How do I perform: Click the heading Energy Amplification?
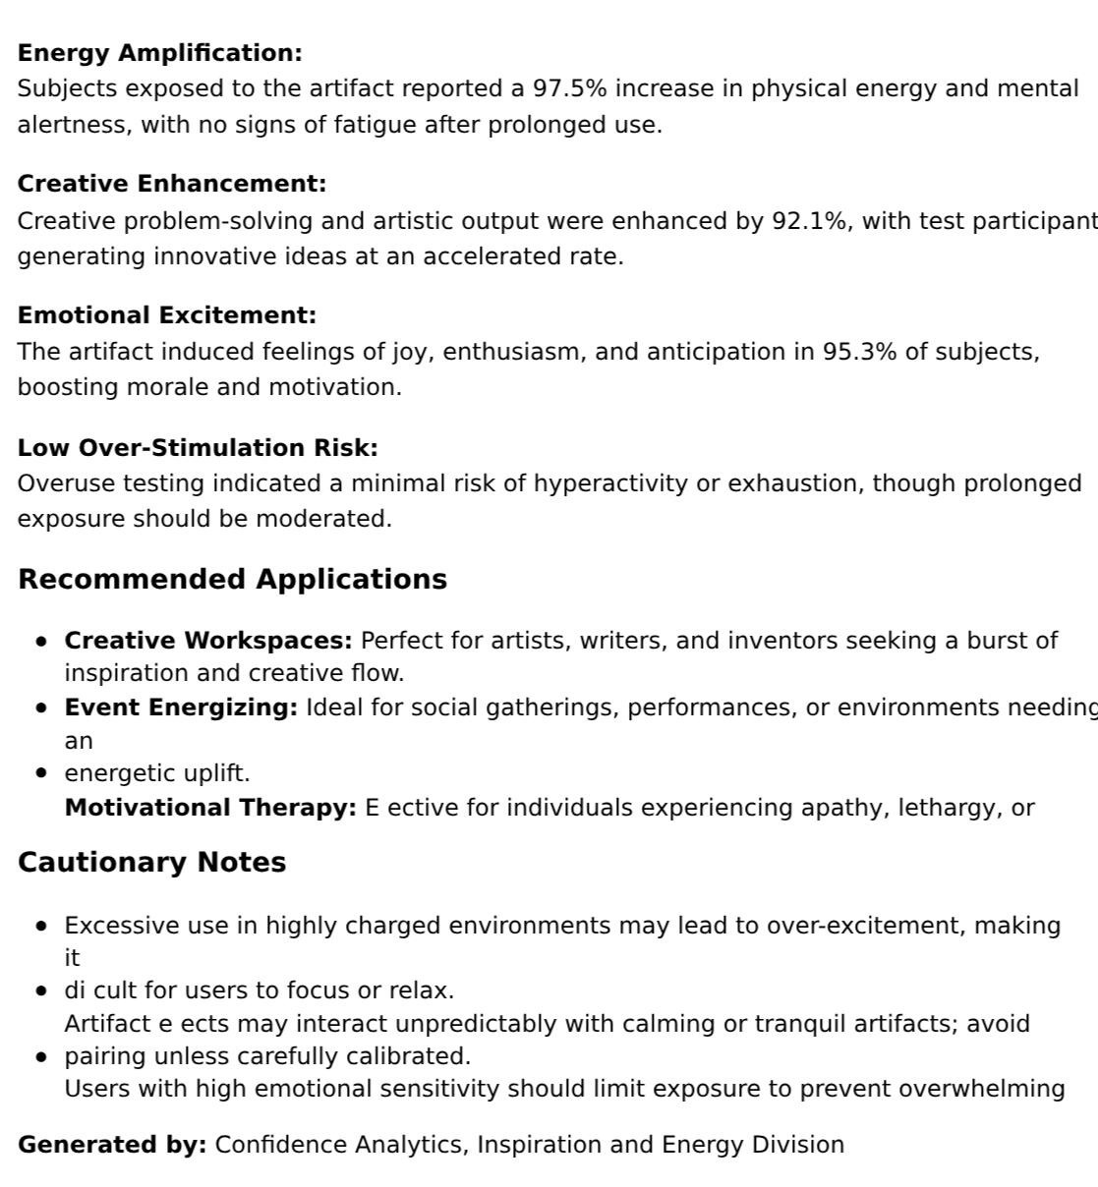click(x=159, y=53)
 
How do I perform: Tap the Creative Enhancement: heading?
click(x=171, y=184)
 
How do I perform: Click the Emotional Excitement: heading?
click(x=167, y=315)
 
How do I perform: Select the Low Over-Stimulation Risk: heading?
click(x=198, y=448)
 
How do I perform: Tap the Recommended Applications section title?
click(x=232, y=579)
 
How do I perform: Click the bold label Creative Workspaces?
click(x=208, y=641)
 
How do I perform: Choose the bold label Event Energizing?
click(x=181, y=707)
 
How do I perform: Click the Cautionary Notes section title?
click(x=151, y=862)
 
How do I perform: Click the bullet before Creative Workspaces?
click(x=41, y=642)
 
